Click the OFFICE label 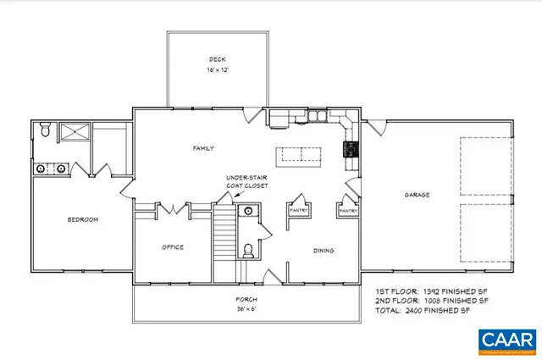point(173,246)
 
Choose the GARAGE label point(416,194)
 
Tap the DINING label point(323,250)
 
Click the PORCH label point(246,301)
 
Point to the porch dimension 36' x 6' point(246,311)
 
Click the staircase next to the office point(224,241)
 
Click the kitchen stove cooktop point(348,149)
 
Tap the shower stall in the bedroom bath point(73,132)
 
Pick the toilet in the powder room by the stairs point(248,250)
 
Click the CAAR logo point(505,340)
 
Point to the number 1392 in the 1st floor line point(428,291)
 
